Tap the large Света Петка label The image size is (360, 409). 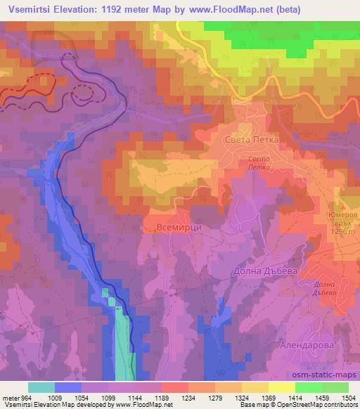251,140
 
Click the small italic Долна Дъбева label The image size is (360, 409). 325,288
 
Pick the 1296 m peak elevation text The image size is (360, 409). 343,233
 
